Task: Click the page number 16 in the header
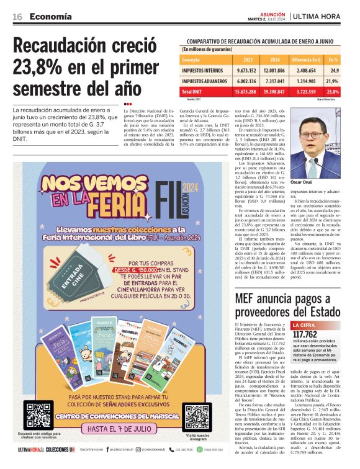(x=17, y=17)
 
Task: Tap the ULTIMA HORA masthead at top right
(x=321, y=16)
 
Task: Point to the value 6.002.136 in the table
(x=247, y=81)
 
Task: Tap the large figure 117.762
(x=305, y=334)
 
